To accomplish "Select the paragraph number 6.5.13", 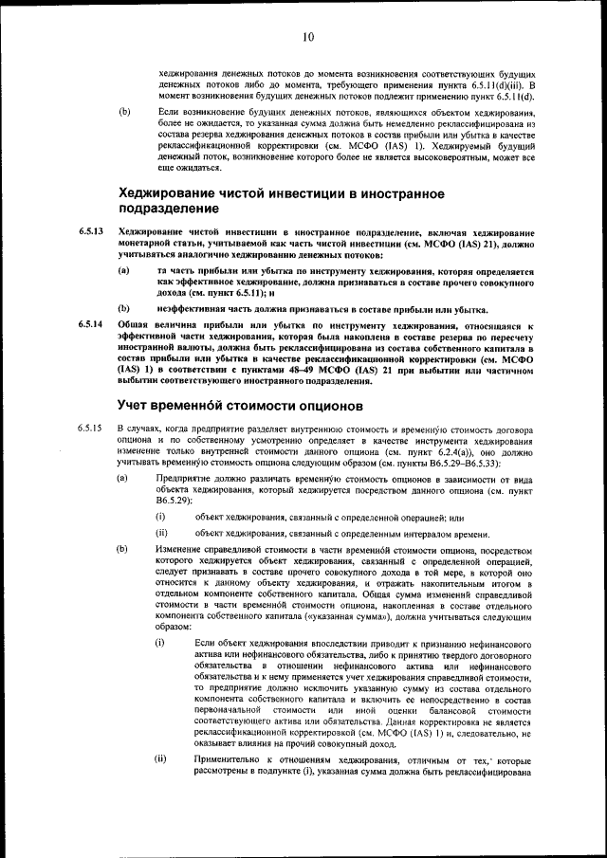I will click(91, 231).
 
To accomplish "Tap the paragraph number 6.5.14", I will click(91, 325).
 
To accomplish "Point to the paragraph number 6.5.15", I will click(91, 429).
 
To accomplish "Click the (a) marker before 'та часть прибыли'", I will click(123, 271).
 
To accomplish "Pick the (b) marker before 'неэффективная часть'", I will click(123, 309).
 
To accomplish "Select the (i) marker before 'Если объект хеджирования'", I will click(160, 643).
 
